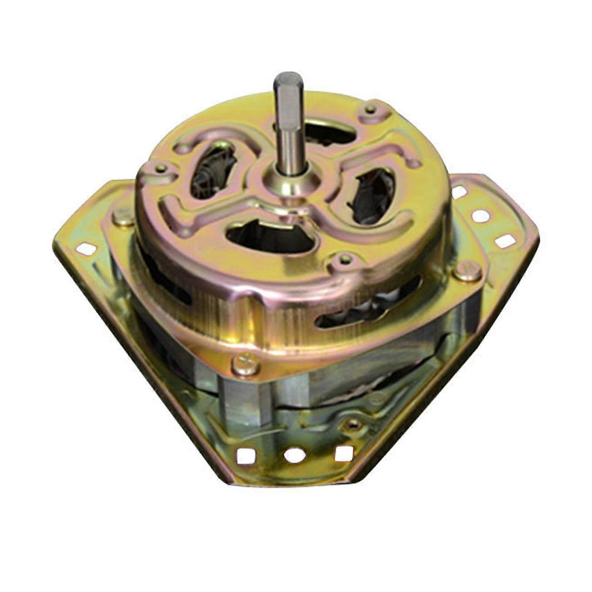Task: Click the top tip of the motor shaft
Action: pyautogui.click(x=288, y=76)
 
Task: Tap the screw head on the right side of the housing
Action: pyautogui.click(x=467, y=271)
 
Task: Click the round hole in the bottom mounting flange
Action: pyautogui.click(x=295, y=454)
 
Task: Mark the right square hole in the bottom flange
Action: pyautogui.click(x=344, y=453)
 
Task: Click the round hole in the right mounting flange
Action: pyautogui.click(x=481, y=216)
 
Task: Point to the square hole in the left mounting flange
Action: pyautogui.click(x=86, y=249)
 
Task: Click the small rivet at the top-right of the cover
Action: pyautogui.click(x=371, y=109)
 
